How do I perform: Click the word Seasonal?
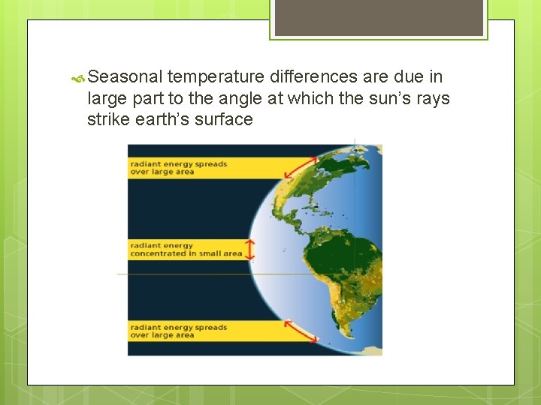pyautogui.click(x=125, y=76)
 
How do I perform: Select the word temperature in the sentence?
pyautogui.click(x=216, y=76)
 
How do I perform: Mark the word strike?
pyautogui.click(x=109, y=120)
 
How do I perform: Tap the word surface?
pyautogui.click(x=225, y=120)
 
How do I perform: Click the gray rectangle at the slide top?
pyautogui.click(x=379, y=17)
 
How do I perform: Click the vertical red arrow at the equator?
pyautogui.click(x=251, y=250)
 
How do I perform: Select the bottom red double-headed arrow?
pyautogui.click(x=301, y=331)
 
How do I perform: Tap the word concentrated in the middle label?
pyautogui.click(x=158, y=253)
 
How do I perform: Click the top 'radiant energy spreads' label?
pyautogui.click(x=178, y=168)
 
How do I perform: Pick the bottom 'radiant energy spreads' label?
pyautogui.click(x=178, y=331)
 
